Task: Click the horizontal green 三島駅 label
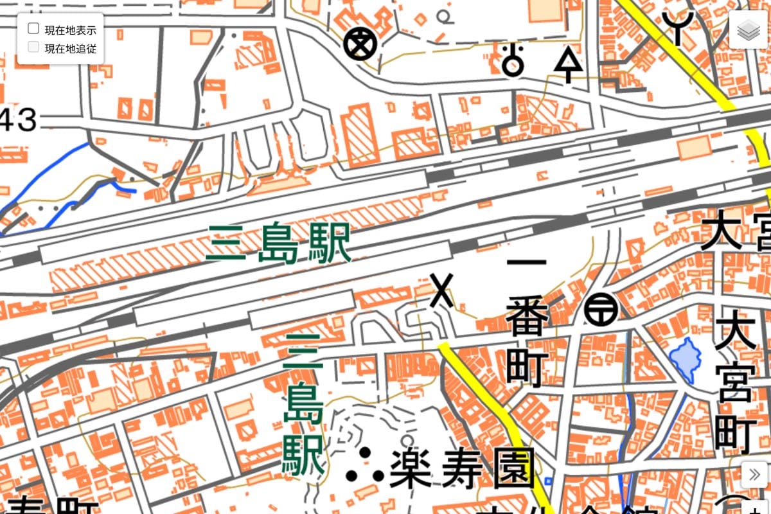[279, 244]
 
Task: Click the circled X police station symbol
[359, 44]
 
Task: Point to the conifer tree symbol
[567, 65]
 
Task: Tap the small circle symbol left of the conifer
[512, 61]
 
